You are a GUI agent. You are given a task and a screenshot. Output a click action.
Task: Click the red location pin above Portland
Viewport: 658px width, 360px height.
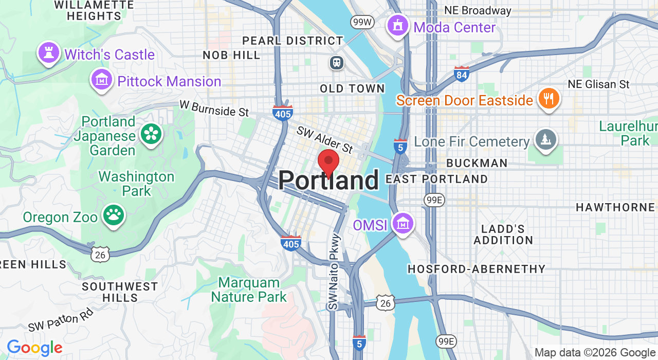pyautogui.click(x=328, y=161)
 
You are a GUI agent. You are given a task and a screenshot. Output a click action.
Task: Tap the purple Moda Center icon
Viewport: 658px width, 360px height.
pyautogui.click(x=397, y=25)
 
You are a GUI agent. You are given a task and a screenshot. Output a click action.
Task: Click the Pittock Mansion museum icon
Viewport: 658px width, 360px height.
pyautogui.click(x=102, y=80)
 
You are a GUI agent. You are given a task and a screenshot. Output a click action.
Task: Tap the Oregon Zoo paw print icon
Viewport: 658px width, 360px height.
pyautogui.click(x=114, y=215)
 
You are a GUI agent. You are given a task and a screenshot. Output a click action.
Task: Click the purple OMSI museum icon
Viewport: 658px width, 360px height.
pyautogui.click(x=403, y=224)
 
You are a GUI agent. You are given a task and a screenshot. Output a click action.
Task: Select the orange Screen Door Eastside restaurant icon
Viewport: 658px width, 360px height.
pyautogui.click(x=549, y=99)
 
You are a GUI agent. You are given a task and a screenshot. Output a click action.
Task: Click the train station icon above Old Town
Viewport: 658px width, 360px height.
pyautogui.click(x=337, y=63)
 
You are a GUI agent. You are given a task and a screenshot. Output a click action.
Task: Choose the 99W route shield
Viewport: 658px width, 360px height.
pyautogui.click(x=362, y=22)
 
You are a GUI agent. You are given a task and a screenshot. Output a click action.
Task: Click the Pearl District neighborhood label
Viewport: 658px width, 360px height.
pyautogui.click(x=293, y=41)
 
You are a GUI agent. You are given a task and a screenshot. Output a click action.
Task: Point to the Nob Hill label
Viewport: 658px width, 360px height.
pyautogui.click(x=231, y=55)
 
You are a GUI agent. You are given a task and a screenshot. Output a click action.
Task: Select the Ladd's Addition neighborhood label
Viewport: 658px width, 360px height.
pyautogui.click(x=503, y=235)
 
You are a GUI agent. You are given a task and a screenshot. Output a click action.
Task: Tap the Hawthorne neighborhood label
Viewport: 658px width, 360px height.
pyautogui.click(x=615, y=207)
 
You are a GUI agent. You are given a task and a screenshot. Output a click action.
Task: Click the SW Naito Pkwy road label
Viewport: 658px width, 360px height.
pyautogui.click(x=335, y=272)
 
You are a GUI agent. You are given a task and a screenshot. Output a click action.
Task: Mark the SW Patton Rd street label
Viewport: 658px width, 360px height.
pyautogui.click(x=61, y=319)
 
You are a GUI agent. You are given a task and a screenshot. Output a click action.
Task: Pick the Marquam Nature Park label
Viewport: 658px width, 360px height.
pyautogui.click(x=249, y=290)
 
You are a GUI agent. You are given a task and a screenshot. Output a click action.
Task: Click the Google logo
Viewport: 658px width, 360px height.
pyautogui.click(x=34, y=348)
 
